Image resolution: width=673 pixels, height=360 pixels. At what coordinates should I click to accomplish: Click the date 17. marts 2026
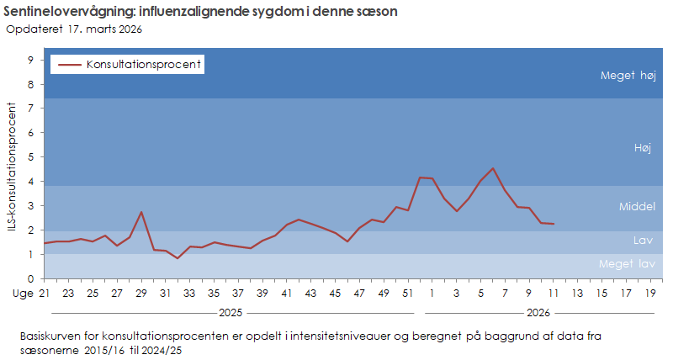click(104, 29)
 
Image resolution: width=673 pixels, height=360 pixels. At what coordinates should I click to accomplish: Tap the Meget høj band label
click(628, 76)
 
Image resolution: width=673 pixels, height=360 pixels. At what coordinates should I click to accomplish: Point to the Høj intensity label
click(643, 147)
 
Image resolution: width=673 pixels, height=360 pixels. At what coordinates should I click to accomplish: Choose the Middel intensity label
click(636, 206)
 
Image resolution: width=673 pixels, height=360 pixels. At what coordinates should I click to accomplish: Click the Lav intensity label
click(643, 241)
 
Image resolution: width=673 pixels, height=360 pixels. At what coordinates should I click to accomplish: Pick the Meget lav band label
click(627, 264)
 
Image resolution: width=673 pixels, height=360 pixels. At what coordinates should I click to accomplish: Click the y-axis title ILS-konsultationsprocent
click(12, 168)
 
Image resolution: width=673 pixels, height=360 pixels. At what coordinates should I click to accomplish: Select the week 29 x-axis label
click(141, 294)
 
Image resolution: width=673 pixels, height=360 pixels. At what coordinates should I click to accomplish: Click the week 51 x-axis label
click(408, 294)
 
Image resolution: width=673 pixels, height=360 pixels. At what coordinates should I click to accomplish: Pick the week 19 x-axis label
click(650, 294)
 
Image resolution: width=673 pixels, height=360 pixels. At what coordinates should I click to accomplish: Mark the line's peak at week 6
click(493, 168)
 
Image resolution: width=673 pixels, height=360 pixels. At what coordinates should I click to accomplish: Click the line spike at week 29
click(141, 212)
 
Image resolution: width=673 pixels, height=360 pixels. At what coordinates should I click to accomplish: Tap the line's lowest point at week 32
click(178, 258)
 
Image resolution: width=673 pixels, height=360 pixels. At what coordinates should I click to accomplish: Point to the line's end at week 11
click(553, 224)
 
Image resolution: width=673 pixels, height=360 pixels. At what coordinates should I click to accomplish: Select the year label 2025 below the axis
click(233, 313)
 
